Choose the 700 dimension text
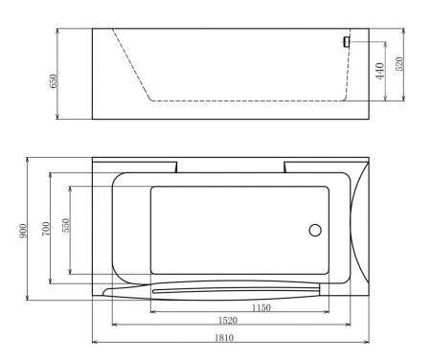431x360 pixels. (46, 230)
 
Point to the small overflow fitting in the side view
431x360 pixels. (347, 41)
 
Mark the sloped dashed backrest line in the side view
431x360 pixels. (129, 63)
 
